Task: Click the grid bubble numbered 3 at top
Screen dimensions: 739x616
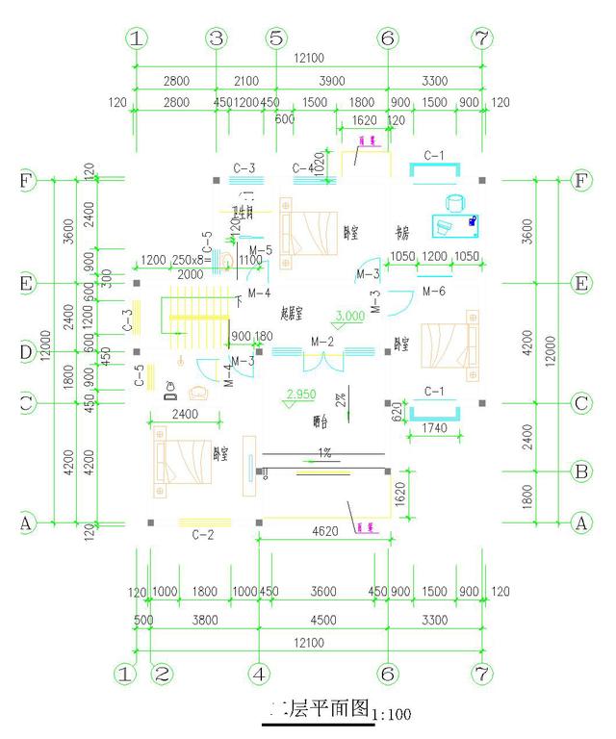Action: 216,39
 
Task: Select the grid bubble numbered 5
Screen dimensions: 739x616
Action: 276,39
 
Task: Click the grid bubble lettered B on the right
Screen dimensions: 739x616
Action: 580,471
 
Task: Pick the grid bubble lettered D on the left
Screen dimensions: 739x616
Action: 27,352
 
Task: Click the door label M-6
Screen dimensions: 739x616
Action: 433,292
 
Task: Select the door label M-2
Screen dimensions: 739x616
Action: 321,342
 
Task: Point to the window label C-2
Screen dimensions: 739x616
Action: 202,535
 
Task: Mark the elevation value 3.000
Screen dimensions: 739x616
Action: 349,316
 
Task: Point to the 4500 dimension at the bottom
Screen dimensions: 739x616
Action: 322,621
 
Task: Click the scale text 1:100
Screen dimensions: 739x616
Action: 392,714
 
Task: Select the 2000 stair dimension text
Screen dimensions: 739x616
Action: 191,274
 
